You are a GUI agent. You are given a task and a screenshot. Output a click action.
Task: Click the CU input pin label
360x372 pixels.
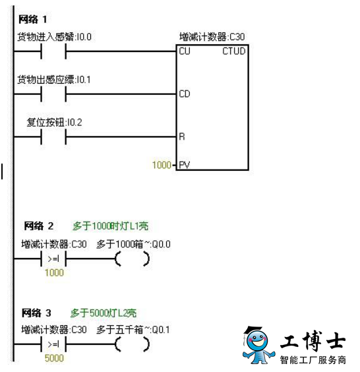185,51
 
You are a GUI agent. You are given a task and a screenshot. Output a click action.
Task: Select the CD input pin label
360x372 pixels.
185,94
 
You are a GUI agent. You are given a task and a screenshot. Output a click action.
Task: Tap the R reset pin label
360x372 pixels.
182,137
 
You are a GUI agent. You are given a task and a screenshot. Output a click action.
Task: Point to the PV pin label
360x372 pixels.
184,165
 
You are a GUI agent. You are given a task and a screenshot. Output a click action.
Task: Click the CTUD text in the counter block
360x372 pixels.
234,51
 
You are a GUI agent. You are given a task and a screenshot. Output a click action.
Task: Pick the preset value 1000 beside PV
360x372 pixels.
162,165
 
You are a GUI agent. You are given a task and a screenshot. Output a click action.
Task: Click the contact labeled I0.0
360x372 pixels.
53,51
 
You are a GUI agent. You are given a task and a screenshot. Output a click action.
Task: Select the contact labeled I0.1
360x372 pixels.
53,94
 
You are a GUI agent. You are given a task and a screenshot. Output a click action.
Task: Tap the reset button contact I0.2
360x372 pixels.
53,137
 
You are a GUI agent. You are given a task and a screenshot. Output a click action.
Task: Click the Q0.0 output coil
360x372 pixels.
133,259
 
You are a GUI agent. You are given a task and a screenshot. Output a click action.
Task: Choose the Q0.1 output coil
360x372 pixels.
133,344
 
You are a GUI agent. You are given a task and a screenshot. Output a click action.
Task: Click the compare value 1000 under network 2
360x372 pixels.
54,272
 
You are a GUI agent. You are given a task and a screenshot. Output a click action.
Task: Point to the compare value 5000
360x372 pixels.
54,358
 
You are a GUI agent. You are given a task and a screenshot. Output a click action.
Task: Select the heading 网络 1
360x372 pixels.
33,19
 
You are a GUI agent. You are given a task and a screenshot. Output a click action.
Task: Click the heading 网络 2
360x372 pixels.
39,226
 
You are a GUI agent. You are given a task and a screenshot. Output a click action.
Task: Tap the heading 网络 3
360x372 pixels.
36,313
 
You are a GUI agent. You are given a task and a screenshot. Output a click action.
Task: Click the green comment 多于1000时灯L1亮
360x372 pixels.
111,226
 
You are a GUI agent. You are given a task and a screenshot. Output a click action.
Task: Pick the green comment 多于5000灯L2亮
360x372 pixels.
104,313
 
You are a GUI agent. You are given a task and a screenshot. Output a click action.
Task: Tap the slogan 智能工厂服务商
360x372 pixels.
313,360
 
